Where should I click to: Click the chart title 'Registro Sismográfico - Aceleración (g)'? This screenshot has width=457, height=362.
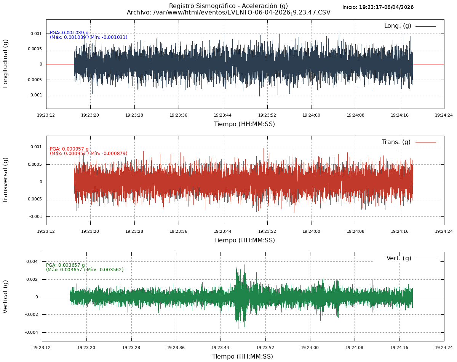(228, 6)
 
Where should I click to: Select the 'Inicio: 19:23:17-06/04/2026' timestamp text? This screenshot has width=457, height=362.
(378, 7)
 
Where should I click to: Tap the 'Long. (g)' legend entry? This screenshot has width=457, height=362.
(398, 26)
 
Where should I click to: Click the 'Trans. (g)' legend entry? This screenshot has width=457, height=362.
(396, 142)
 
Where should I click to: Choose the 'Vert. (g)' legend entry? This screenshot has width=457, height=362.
(399, 258)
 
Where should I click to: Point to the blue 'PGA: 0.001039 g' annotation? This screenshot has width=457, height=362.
(69, 33)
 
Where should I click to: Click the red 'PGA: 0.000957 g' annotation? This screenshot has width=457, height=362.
(69, 149)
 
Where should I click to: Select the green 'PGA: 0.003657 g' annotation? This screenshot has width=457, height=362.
(66, 265)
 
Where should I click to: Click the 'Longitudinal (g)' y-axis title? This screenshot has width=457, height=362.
(5, 64)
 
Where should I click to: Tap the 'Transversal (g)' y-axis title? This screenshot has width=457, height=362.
(5, 180)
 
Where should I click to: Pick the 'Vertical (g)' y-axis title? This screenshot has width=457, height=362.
(5, 296)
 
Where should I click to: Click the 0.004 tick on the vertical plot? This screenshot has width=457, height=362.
(32, 261)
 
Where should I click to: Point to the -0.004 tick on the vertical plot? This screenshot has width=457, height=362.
(31, 332)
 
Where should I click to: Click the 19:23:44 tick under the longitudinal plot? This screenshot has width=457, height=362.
(222, 115)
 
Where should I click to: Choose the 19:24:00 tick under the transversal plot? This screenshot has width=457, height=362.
(312, 231)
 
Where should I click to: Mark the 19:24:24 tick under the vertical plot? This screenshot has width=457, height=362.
(444, 348)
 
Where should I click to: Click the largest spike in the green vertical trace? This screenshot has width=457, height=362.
(244, 266)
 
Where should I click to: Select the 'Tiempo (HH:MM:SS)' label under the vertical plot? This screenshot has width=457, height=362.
(243, 357)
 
